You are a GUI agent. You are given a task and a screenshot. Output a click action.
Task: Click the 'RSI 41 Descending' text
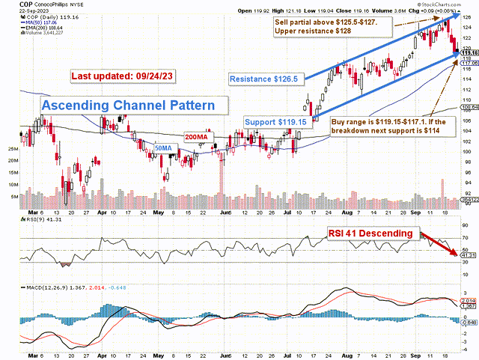[x=370, y=234]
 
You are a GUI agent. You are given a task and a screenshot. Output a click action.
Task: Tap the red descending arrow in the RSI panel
[x=441, y=244]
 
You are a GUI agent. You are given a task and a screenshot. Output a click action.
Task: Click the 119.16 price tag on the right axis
[x=469, y=53]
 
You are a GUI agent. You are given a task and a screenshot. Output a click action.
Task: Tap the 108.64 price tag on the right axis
[x=469, y=108]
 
